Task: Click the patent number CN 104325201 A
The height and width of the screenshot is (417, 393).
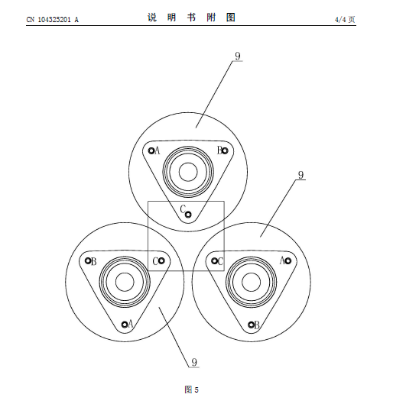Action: [53, 20]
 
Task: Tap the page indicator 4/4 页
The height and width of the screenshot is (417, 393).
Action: [345, 20]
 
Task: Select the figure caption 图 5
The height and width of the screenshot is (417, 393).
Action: [191, 390]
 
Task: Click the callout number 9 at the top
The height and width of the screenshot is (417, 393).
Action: [238, 56]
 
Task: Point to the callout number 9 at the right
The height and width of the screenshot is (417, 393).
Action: [300, 175]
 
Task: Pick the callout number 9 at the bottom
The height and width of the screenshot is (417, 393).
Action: [194, 362]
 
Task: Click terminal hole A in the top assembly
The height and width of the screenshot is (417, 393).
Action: [151, 150]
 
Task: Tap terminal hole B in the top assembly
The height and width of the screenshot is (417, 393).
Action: [225, 150]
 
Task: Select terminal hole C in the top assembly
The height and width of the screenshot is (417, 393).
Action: [188, 215]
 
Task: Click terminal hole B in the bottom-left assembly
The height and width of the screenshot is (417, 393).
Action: [88, 260]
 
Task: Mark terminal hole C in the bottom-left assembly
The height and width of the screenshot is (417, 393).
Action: [161, 261]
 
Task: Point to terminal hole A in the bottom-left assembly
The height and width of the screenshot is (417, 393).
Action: [125, 325]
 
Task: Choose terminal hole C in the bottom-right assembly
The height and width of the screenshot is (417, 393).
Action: [214, 261]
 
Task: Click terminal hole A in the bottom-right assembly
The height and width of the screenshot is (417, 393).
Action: [287, 261]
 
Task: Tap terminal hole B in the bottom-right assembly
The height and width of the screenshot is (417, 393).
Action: [251, 325]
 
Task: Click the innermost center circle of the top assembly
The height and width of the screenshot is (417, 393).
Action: [188, 163]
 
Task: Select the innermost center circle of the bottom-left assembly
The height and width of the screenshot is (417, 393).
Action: [125, 273]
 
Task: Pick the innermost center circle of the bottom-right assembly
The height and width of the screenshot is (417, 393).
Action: [251, 273]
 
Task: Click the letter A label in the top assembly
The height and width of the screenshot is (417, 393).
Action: [157, 150]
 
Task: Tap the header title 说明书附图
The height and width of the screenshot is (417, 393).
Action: [191, 18]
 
